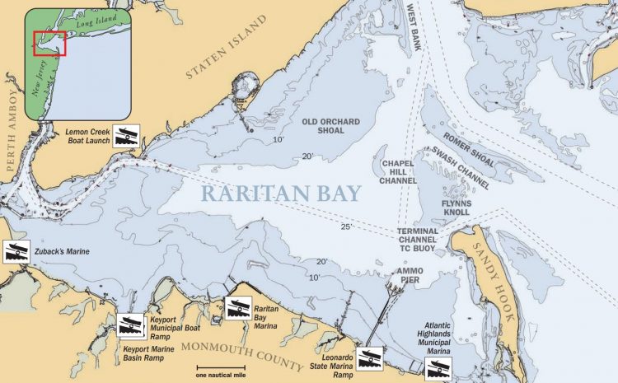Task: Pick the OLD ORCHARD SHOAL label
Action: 331,127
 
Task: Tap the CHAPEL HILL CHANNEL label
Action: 399,172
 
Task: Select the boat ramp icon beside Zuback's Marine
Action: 16,252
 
